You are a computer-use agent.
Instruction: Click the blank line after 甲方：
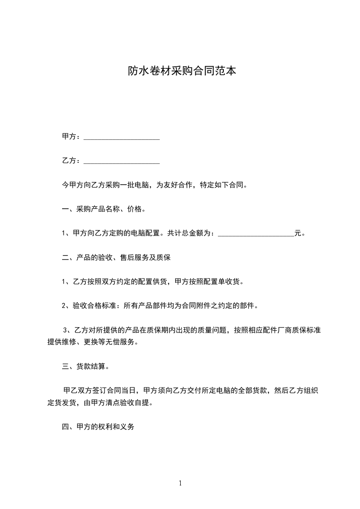click(122, 137)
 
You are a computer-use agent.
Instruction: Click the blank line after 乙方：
click(122, 161)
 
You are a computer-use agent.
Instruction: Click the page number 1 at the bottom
click(180, 483)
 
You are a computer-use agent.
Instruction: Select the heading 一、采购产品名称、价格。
click(104, 209)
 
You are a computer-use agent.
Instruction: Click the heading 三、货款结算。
click(85, 367)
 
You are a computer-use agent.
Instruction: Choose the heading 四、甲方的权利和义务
click(98, 427)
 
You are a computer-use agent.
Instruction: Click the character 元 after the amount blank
click(298, 234)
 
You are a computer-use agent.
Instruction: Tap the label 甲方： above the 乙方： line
click(72, 137)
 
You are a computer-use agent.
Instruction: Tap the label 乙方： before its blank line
click(72, 161)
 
